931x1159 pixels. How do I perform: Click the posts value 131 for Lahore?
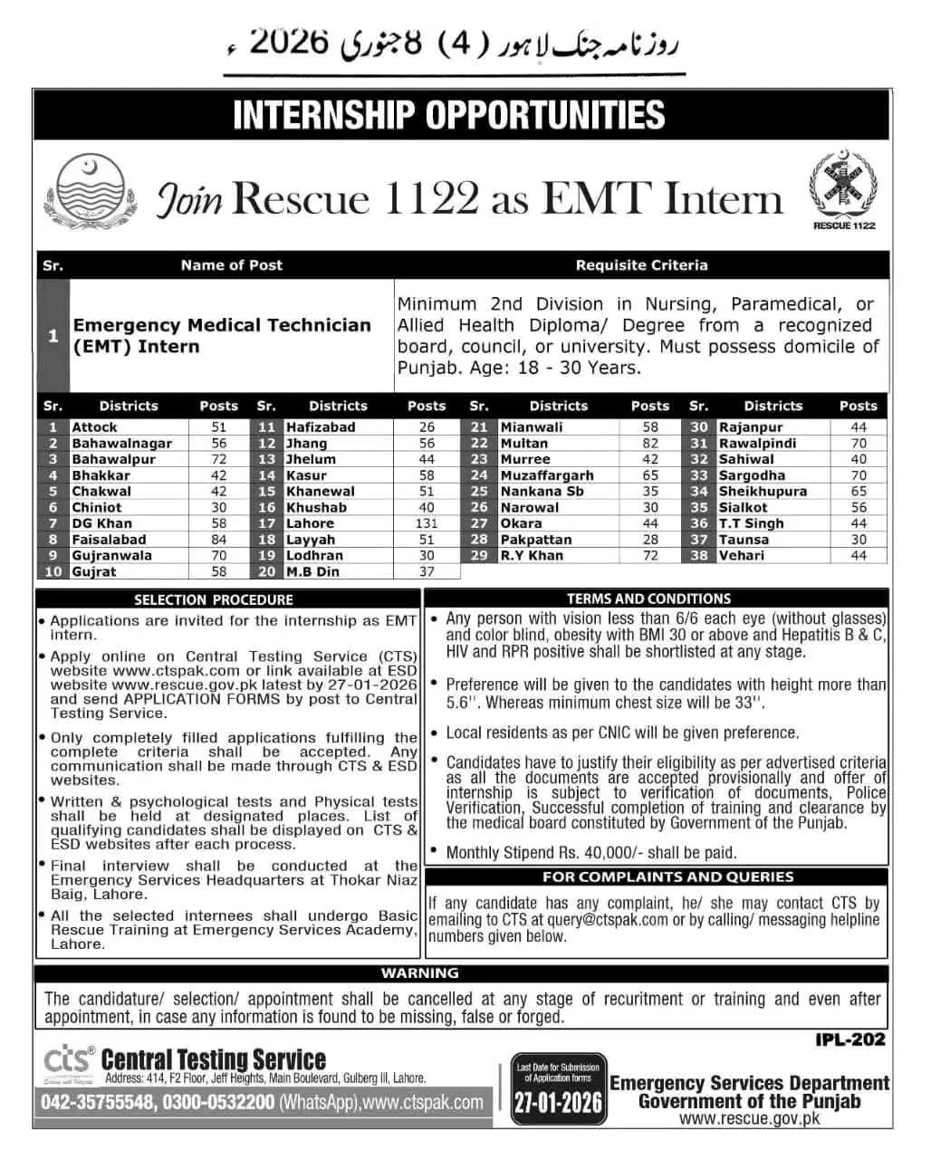[x=427, y=523]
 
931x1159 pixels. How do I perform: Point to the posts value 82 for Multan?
[x=650, y=444]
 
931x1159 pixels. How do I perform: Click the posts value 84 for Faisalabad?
[x=218, y=540]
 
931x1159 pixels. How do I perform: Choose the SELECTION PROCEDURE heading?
[x=214, y=599]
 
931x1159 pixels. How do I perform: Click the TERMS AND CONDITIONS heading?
[x=649, y=599]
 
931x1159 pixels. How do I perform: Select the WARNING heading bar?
[x=420, y=973]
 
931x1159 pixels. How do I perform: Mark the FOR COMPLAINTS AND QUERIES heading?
[x=656, y=876]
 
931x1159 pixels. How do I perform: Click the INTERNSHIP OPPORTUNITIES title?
[x=449, y=115]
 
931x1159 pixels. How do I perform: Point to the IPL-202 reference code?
[x=849, y=1040]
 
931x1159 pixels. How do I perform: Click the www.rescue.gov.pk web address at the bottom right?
[x=749, y=1119]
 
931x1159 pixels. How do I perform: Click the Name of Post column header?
[x=231, y=265]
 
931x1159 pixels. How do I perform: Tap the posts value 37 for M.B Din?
[x=427, y=572]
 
